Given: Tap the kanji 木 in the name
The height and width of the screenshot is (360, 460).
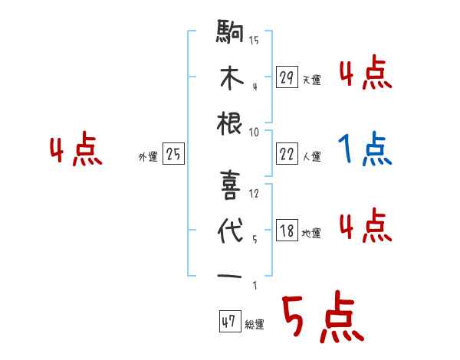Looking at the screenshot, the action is [x=231, y=79].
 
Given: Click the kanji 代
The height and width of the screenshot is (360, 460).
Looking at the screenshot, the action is [x=231, y=229].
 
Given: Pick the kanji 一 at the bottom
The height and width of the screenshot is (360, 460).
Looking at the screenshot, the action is [x=231, y=275].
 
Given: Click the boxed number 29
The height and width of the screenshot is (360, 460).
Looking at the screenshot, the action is [x=287, y=77].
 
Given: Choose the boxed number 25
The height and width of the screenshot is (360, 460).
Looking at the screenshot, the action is [x=173, y=155].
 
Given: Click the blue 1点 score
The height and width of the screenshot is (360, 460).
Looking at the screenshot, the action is [x=364, y=149].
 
